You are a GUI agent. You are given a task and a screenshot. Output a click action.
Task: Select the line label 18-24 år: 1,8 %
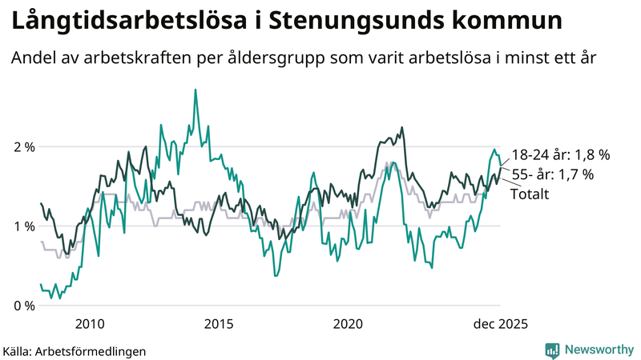561,154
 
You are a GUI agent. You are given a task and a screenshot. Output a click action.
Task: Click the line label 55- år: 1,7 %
552,174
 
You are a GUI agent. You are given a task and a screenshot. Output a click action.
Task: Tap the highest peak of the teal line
195,90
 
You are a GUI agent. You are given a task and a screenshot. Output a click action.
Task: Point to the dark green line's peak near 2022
401,127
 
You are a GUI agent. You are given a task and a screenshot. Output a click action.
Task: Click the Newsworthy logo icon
552,350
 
